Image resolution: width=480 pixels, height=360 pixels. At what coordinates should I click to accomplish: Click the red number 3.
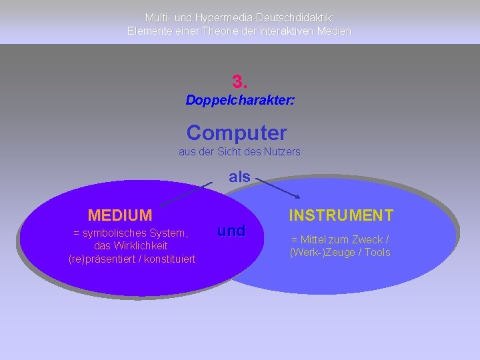point(240,82)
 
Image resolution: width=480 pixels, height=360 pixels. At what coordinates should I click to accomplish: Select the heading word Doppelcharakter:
point(240,101)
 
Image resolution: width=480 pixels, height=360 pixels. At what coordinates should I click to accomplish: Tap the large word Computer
point(237,133)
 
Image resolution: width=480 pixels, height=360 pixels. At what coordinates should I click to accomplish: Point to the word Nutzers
point(283,151)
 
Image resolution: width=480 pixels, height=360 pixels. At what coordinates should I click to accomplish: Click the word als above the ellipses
point(239,177)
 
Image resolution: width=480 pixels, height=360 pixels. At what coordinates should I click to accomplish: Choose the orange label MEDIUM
point(120,215)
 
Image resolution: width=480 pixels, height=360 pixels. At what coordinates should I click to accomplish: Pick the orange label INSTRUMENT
point(341,215)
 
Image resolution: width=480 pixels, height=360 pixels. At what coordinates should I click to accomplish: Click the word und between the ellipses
point(231,231)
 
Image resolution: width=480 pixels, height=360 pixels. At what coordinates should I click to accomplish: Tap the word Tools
point(377,252)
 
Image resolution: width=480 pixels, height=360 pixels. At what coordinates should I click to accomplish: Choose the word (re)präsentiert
point(99,259)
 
